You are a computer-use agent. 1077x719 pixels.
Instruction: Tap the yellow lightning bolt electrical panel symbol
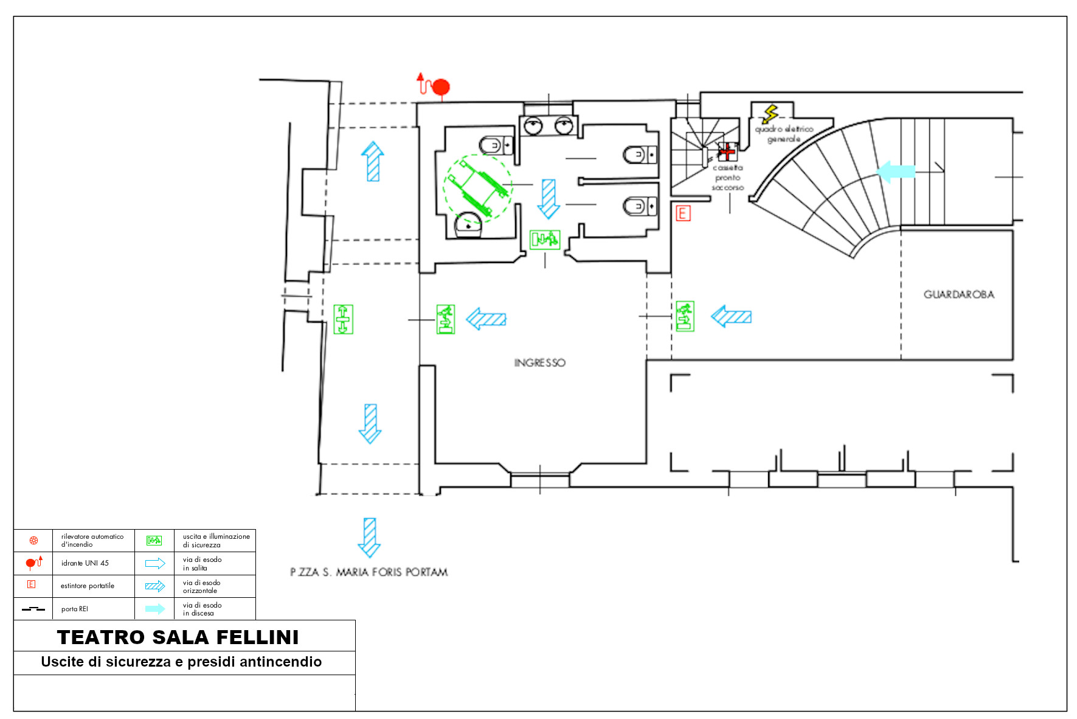coord(771,114)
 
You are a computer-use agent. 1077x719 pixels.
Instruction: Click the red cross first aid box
coord(726,151)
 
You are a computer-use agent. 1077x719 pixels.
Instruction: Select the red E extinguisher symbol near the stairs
coord(683,213)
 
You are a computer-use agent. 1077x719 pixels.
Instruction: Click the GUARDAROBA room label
coord(959,295)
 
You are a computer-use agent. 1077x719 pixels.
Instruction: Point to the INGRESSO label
coord(539,363)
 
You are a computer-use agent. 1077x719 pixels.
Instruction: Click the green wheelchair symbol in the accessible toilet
coord(477,188)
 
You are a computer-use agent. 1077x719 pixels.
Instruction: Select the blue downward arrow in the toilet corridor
coord(549,198)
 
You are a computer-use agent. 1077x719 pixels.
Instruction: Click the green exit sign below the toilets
coord(544,240)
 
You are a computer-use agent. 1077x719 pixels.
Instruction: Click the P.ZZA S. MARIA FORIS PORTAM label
coord(369,572)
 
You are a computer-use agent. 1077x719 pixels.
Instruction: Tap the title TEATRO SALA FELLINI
coord(178,637)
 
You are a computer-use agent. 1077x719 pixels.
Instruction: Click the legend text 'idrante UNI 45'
coord(85,563)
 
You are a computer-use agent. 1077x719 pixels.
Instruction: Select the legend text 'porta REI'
coord(75,609)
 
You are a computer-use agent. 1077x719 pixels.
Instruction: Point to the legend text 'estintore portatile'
coord(88,586)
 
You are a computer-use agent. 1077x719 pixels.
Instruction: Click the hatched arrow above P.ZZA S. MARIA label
coord(369,538)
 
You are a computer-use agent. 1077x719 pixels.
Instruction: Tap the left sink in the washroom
coord(534,125)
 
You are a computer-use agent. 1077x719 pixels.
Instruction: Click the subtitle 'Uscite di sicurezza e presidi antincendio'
coord(181,662)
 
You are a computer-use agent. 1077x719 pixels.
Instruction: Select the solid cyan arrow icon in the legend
coord(155,609)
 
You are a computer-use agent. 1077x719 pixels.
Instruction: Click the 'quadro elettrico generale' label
coord(784,134)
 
